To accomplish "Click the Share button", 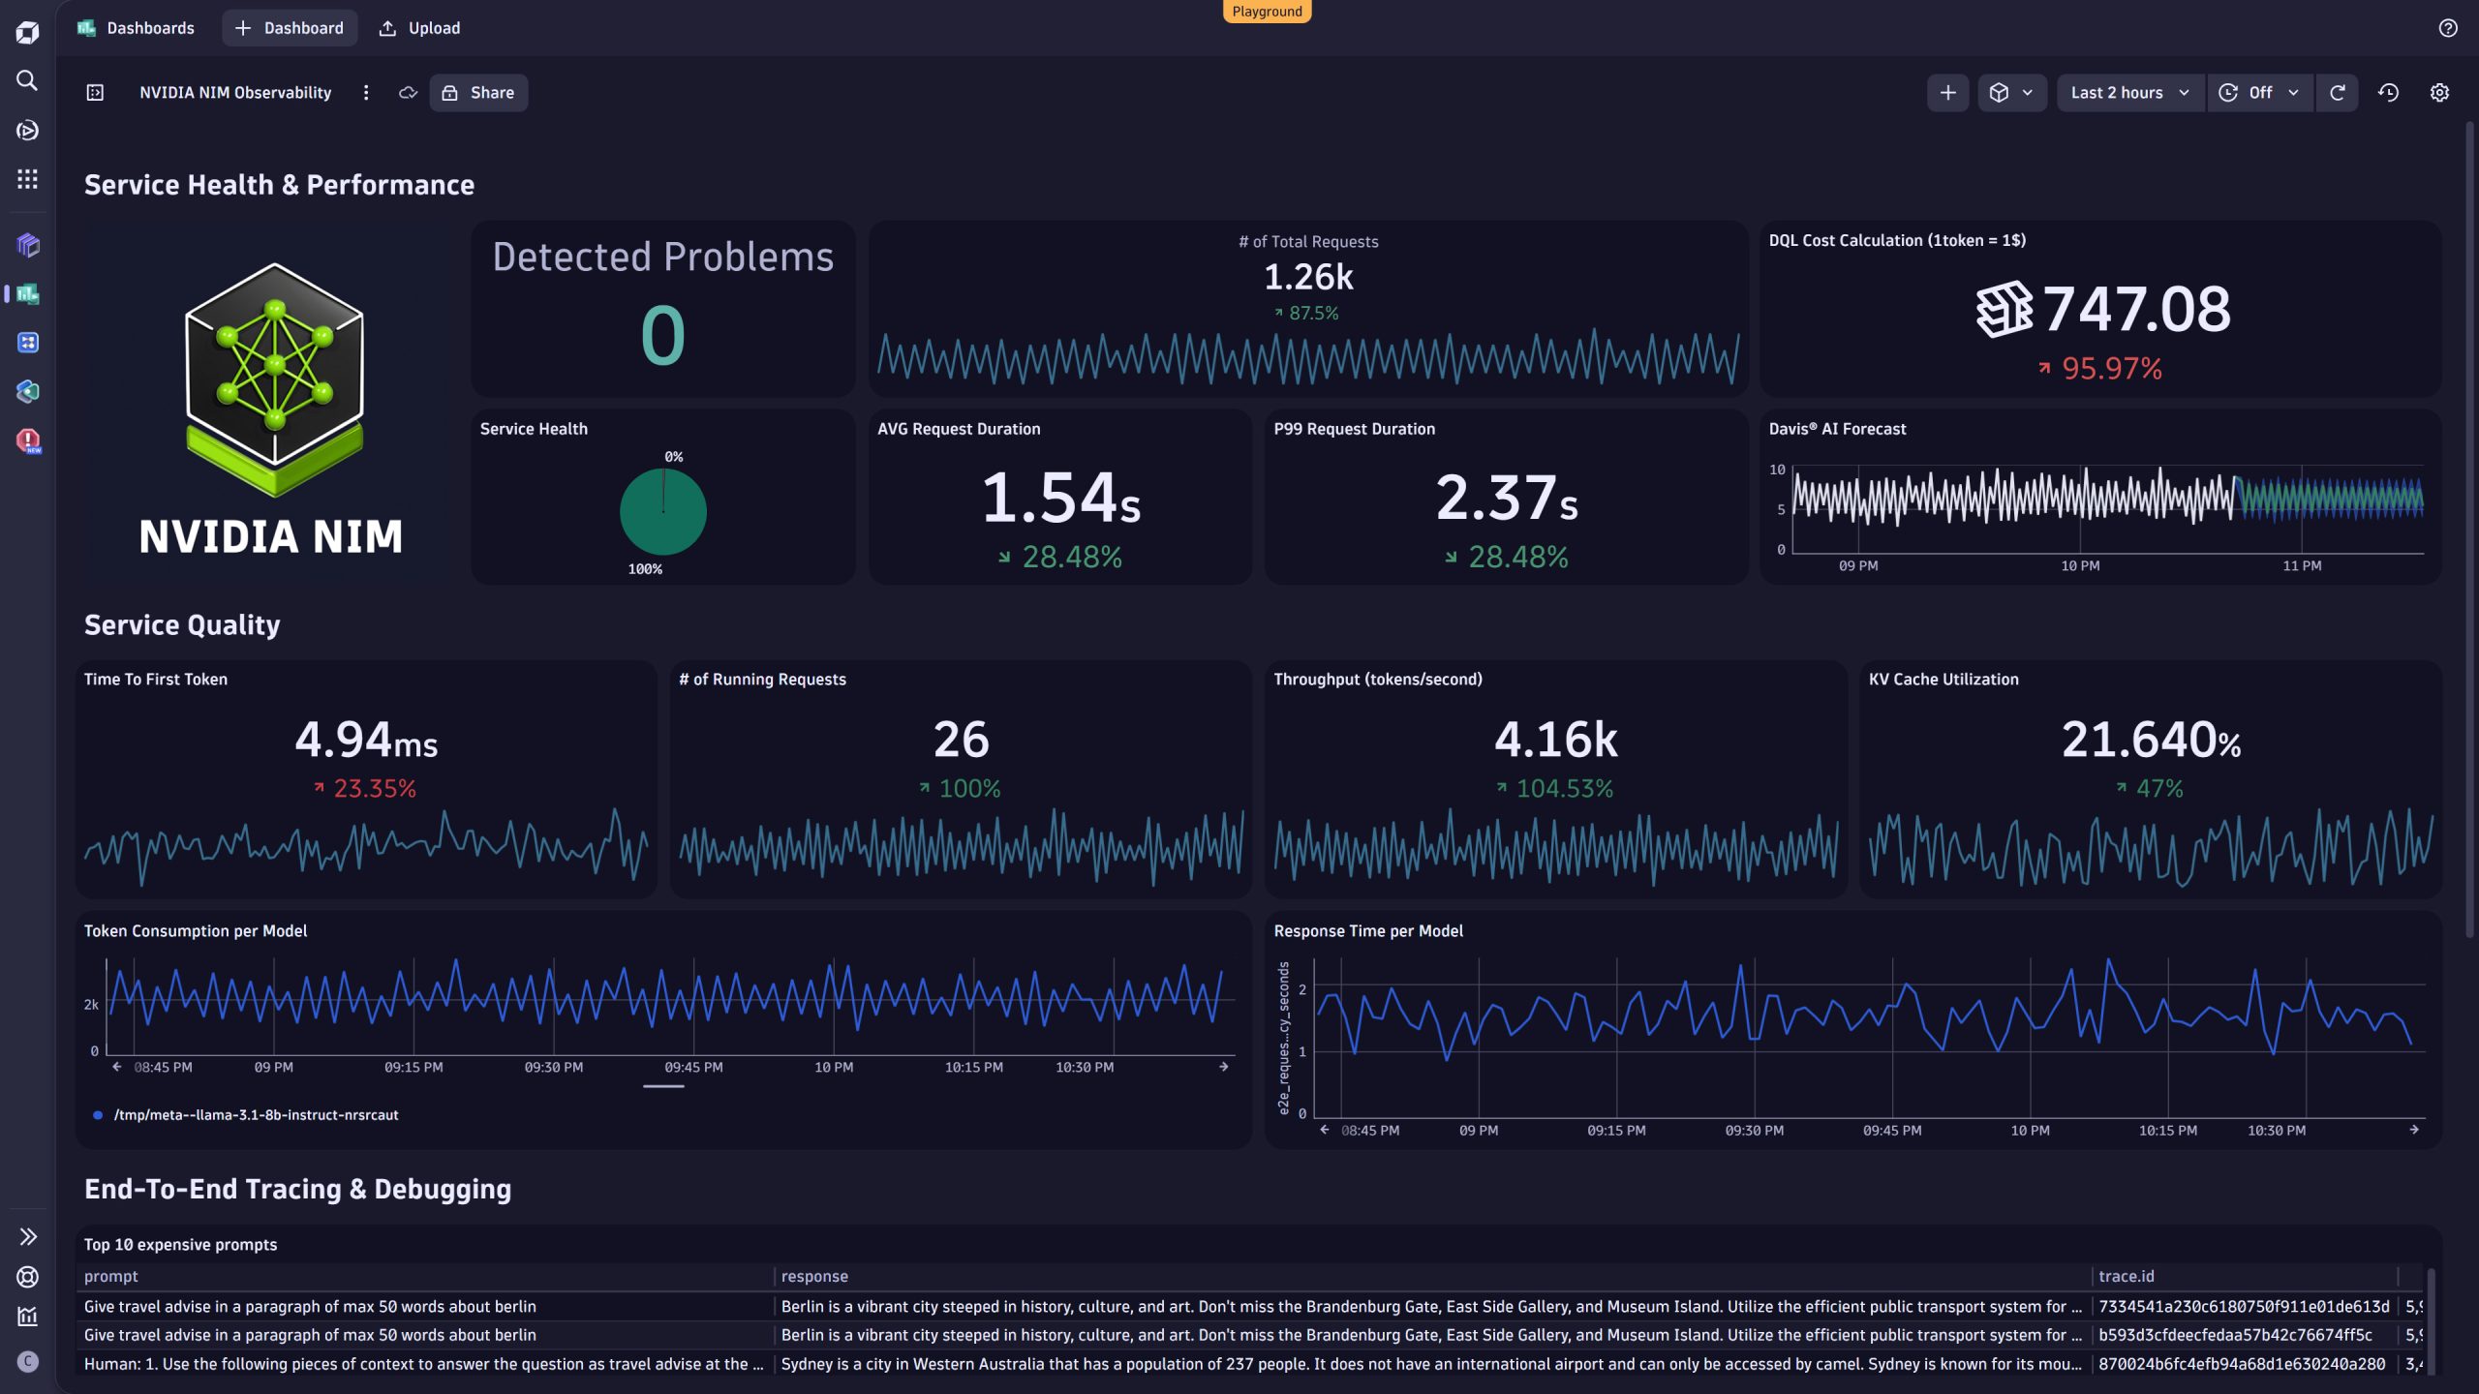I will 478,93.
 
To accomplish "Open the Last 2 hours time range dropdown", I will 2128,93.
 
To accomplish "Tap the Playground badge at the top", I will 1266,12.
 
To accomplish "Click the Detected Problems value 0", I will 662,335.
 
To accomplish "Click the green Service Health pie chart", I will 662,511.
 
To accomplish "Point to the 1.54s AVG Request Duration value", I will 1060,498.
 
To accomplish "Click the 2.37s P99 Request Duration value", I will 1506,498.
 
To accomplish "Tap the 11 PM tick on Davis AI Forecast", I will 2301,565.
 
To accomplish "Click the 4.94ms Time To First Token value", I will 366,740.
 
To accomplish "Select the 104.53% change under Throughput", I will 1563,788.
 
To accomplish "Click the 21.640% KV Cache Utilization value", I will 2150,740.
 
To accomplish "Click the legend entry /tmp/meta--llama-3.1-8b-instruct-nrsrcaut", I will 256,1115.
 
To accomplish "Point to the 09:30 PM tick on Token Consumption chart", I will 553,1067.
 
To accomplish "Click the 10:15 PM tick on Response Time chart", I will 2167,1130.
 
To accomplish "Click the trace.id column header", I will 2126,1276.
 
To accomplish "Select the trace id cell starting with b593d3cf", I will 2234,1335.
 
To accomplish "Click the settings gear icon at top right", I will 2438,93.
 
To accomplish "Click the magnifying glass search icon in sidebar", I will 27,80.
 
